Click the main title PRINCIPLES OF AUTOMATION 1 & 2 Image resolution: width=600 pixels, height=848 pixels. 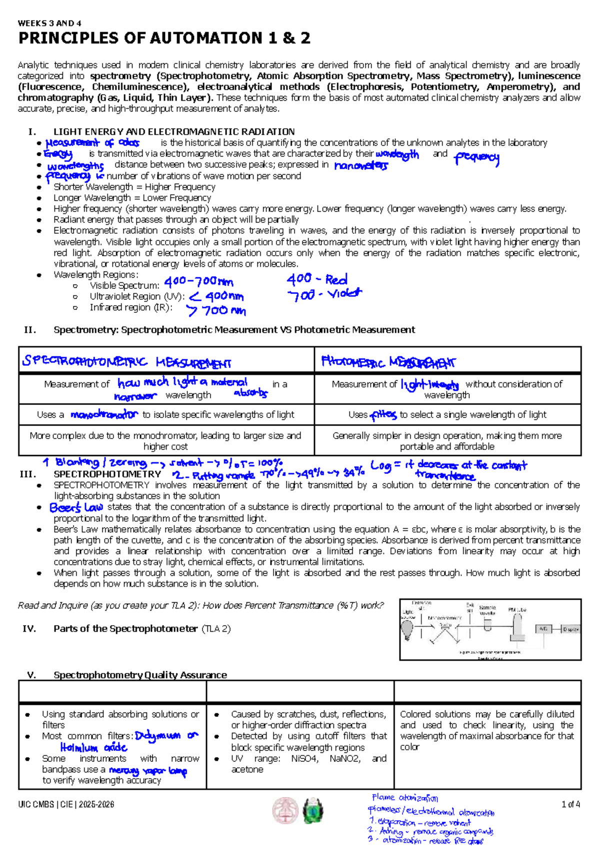tap(164, 38)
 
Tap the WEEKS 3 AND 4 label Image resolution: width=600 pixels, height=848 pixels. tap(49, 23)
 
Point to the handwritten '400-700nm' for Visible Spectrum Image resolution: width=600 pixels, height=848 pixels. tap(199, 282)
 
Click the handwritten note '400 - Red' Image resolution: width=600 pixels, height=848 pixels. tap(317, 279)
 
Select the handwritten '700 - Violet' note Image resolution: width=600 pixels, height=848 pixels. tap(324, 294)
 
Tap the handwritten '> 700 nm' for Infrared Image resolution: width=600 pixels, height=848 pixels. tap(216, 311)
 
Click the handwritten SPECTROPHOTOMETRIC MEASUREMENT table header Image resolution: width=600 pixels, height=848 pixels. tap(126, 361)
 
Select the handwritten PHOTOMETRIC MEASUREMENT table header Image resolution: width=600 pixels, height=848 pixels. tap(388, 361)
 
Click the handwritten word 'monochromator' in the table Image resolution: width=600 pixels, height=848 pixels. tap(104, 414)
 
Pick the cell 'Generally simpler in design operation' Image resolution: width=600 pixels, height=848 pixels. tap(447, 441)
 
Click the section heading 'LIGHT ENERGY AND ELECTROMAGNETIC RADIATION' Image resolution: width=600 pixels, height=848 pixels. tap(174, 132)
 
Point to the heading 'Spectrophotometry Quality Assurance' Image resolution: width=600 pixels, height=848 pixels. tap(140, 675)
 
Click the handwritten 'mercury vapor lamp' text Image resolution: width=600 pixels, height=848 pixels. tap(148, 771)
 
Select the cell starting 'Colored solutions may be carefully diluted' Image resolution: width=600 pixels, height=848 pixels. tap(486, 730)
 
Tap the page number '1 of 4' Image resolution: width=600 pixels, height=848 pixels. tap(570, 804)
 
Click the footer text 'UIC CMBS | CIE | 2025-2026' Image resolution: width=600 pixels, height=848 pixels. tap(66, 804)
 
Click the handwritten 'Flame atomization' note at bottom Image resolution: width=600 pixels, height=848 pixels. tap(405, 797)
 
